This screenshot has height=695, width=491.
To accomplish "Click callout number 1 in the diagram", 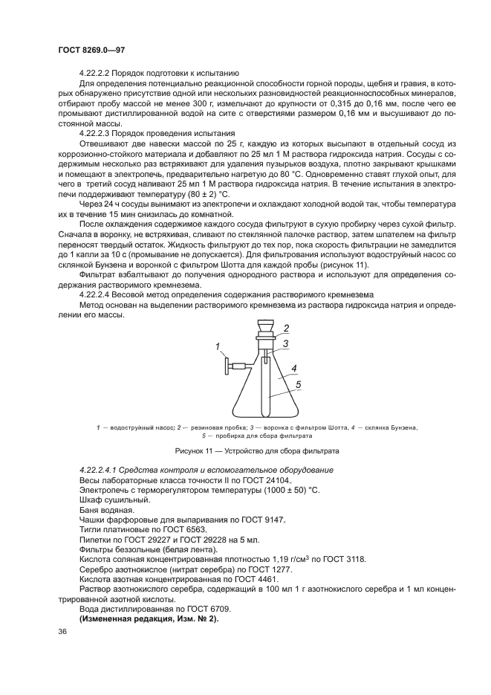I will click(218, 346).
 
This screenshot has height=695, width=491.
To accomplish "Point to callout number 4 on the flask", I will click(293, 368).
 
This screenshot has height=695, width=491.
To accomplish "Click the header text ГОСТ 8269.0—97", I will click(82, 50).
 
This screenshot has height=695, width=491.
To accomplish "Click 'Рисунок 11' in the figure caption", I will click(194, 451).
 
